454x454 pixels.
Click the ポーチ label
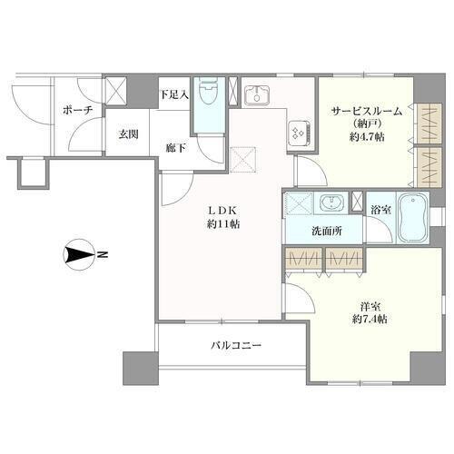(x=77, y=111)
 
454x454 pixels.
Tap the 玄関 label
(x=128, y=134)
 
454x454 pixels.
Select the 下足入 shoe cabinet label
(x=174, y=94)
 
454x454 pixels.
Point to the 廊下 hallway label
(x=176, y=148)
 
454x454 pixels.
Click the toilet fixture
(x=209, y=91)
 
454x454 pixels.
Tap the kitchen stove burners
(x=299, y=134)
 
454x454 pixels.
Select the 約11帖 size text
(x=223, y=224)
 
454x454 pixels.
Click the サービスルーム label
(x=367, y=111)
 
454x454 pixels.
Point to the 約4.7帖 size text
(x=367, y=137)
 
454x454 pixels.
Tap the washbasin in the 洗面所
(x=332, y=202)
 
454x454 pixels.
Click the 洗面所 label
(x=327, y=232)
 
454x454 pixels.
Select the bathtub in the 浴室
(x=413, y=218)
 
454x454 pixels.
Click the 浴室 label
(x=380, y=210)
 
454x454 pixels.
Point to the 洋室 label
(x=370, y=307)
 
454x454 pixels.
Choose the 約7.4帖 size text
(x=370, y=319)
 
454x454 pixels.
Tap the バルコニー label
(x=236, y=345)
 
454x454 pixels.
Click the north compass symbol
(x=79, y=254)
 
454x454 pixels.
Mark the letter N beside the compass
(x=103, y=254)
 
